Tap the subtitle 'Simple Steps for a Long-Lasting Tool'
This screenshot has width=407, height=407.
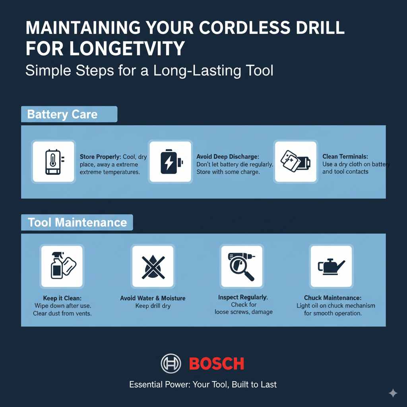(149, 71)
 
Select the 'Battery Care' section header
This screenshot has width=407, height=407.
(62, 114)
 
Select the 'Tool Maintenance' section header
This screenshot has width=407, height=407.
(77, 222)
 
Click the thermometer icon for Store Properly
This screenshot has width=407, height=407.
(53, 162)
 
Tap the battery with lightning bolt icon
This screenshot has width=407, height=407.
(171, 162)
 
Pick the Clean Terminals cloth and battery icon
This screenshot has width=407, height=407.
(296, 161)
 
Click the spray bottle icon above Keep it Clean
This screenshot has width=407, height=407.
(61, 266)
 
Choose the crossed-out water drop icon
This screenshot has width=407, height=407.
(153, 266)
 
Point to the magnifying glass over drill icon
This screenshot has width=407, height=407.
(242, 266)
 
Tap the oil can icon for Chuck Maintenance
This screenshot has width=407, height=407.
(331, 266)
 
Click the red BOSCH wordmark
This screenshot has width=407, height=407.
(216, 363)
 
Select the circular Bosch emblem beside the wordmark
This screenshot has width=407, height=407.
(171, 363)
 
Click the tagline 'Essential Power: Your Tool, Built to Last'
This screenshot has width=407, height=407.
(203, 384)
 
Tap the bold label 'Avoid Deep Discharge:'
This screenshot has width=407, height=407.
(228, 157)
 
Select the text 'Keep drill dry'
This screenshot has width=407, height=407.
(153, 306)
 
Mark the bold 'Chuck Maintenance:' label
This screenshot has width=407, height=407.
(333, 298)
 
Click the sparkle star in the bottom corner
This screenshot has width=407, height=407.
(393, 393)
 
